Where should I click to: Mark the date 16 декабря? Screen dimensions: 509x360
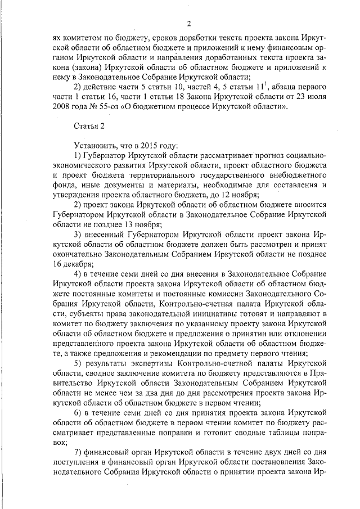[72, 262]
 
